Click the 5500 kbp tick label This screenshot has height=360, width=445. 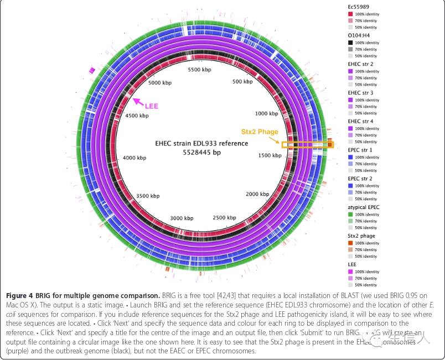coord(200,70)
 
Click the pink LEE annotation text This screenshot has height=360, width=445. coord(152,106)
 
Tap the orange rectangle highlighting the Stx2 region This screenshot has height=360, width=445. coord(308,145)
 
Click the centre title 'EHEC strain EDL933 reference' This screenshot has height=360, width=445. coord(201,143)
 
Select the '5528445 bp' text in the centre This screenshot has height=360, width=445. coord(201,152)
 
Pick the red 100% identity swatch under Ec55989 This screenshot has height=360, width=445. coord(350,13)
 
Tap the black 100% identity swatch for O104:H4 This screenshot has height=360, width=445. coord(350,43)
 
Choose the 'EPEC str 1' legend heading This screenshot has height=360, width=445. coord(360,150)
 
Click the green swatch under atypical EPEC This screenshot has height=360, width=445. coord(350,215)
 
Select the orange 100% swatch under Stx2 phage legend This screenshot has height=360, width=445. coord(350,243)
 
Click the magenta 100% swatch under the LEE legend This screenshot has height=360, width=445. coord(350,272)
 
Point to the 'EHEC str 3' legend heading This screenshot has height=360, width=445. coord(360,93)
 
